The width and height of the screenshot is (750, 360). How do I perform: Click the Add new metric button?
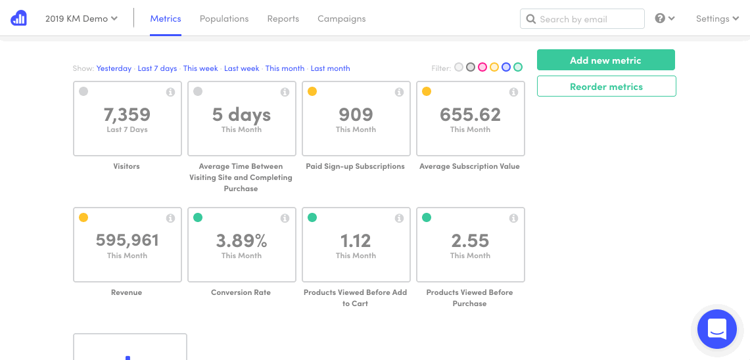click(605, 60)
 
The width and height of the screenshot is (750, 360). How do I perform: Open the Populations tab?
click(224, 18)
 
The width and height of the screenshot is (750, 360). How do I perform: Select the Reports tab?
click(283, 18)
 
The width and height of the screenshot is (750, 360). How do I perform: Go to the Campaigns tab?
click(342, 18)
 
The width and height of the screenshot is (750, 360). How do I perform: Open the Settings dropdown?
click(717, 18)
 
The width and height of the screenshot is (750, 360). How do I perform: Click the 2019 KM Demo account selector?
click(82, 18)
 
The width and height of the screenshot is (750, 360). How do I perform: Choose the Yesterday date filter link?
click(114, 68)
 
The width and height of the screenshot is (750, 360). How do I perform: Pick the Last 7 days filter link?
click(157, 68)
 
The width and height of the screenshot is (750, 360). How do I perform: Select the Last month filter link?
click(330, 68)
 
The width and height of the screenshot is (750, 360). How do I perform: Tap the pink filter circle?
click(482, 67)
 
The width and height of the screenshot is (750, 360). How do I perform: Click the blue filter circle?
click(506, 67)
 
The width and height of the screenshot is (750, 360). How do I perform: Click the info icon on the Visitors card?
click(170, 92)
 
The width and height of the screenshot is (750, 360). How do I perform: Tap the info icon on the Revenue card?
click(170, 218)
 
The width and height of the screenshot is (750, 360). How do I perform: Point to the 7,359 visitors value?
click(127, 115)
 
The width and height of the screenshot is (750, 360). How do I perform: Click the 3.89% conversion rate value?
click(241, 241)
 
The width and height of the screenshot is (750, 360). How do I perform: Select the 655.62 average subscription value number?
click(470, 115)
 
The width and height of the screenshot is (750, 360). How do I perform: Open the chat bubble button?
click(717, 328)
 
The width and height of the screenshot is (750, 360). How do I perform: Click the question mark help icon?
click(661, 18)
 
